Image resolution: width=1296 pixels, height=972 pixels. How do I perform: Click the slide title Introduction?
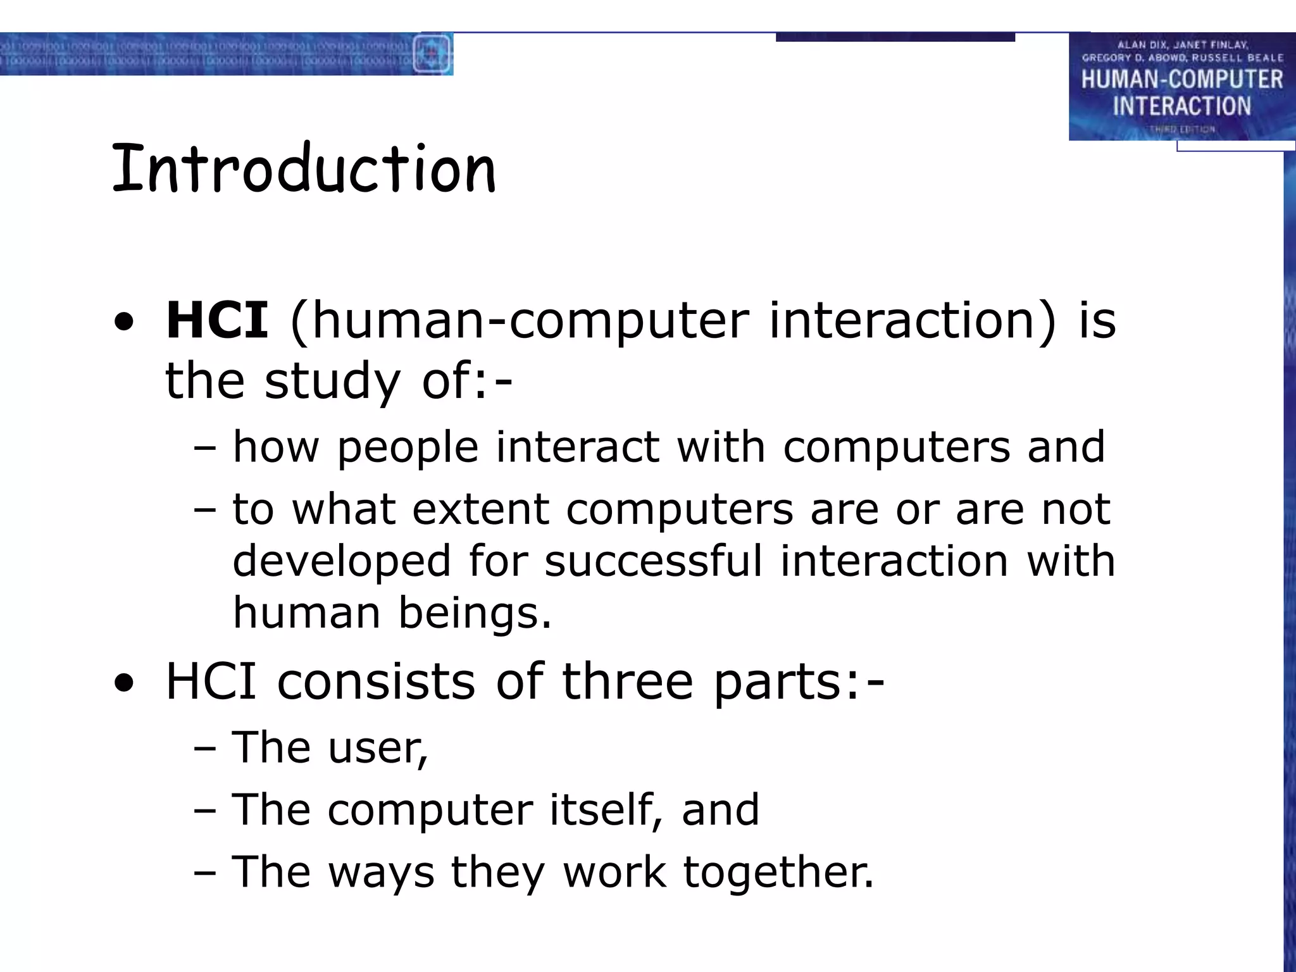[x=304, y=169]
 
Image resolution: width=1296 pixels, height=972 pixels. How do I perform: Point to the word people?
[x=408, y=448]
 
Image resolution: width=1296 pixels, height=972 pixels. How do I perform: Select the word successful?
[x=653, y=561]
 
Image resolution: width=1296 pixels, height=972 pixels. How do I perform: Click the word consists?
[x=376, y=682]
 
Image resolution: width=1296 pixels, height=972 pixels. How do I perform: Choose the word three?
[x=628, y=682]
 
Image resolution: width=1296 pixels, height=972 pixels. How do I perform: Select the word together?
[x=778, y=873]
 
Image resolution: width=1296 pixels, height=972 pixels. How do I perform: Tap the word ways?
[x=381, y=873]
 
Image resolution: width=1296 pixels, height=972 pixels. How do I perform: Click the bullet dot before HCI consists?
[x=124, y=684]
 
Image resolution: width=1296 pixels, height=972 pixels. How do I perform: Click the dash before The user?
[x=205, y=748]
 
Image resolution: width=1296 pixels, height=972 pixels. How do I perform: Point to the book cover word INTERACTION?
[x=1181, y=106]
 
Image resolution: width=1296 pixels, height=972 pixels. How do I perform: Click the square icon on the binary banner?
[x=432, y=53]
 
